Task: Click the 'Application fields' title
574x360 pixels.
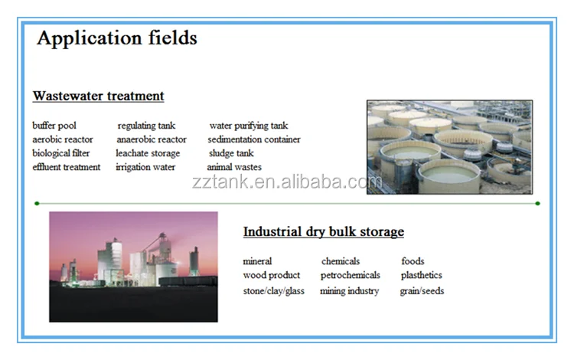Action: pos(117,38)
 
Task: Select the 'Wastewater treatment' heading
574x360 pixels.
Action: pos(99,96)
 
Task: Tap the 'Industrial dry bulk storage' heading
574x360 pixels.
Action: pos(324,232)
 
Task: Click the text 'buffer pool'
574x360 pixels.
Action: pos(54,126)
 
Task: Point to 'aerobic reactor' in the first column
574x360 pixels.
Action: pos(63,139)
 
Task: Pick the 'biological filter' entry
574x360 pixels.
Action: pos(60,153)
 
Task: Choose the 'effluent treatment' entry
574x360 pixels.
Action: pos(67,167)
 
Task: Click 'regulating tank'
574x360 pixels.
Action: pos(146,126)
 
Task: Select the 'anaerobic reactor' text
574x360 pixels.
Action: pos(152,139)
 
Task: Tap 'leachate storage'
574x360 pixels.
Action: pos(148,153)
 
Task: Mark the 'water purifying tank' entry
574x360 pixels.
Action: pos(249,126)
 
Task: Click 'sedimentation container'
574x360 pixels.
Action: pos(254,139)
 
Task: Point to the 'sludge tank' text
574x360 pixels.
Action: pos(231,153)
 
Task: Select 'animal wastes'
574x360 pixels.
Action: pos(234,167)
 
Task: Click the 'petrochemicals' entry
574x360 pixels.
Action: pos(351,276)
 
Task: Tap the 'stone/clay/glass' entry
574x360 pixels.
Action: pos(274,291)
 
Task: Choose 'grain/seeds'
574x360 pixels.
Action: pos(422,291)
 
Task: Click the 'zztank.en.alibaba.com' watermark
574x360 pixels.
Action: pos(287,182)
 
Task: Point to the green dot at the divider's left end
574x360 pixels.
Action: pos(37,203)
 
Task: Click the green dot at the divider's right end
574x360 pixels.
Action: pos(537,203)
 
